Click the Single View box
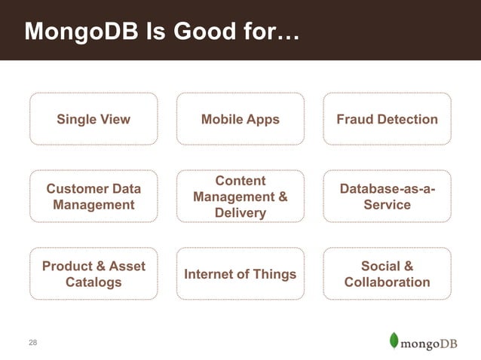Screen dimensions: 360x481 click(93, 119)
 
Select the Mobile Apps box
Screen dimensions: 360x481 click(240, 119)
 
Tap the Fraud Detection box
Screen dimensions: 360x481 click(387, 119)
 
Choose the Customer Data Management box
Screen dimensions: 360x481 click(93, 197)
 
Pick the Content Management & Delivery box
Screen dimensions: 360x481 click(240, 197)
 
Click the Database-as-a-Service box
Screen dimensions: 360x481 click(387, 197)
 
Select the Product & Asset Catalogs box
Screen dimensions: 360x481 click(93, 274)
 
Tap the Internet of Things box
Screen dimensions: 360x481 click(240, 274)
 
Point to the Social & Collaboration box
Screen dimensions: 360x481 click(387, 274)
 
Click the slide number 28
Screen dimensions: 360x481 click(32, 343)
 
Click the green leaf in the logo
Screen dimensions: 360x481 click(394, 340)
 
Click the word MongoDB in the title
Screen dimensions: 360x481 click(78, 32)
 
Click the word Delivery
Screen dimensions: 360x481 click(240, 213)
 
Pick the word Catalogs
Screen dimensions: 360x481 click(93, 282)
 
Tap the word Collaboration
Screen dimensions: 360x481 click(387, 282)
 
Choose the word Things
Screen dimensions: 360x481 click(273, 274)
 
